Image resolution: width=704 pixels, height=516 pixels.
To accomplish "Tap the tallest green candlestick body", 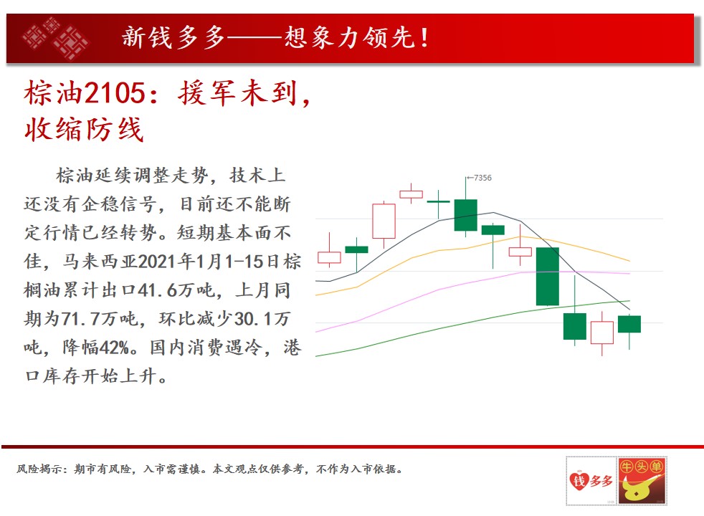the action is point(547,277).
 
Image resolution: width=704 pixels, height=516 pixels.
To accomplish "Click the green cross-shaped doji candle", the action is point(438,202).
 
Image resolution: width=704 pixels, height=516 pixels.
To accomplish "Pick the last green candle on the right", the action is point(629,324).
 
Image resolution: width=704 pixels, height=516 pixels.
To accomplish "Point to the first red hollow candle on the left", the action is point(329,257).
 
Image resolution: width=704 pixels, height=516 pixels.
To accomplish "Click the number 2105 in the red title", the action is point(115,93).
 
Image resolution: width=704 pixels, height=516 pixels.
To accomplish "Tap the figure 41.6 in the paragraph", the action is point(158,290).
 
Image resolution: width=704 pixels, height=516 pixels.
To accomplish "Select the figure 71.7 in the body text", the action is point(80,319).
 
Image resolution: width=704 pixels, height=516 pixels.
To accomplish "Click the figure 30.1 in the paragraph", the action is point(254,319).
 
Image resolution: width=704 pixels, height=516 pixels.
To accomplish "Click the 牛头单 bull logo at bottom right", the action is point(642,481).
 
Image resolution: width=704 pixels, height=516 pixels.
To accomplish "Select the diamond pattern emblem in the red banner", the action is point(56,38).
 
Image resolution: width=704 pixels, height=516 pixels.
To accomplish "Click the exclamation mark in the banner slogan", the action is point(424,38).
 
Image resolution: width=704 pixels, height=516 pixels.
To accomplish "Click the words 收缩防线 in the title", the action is point(84,130).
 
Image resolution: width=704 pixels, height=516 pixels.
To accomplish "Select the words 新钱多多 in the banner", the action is point(173,37).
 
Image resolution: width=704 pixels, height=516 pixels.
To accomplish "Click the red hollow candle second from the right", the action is point(602,332).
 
